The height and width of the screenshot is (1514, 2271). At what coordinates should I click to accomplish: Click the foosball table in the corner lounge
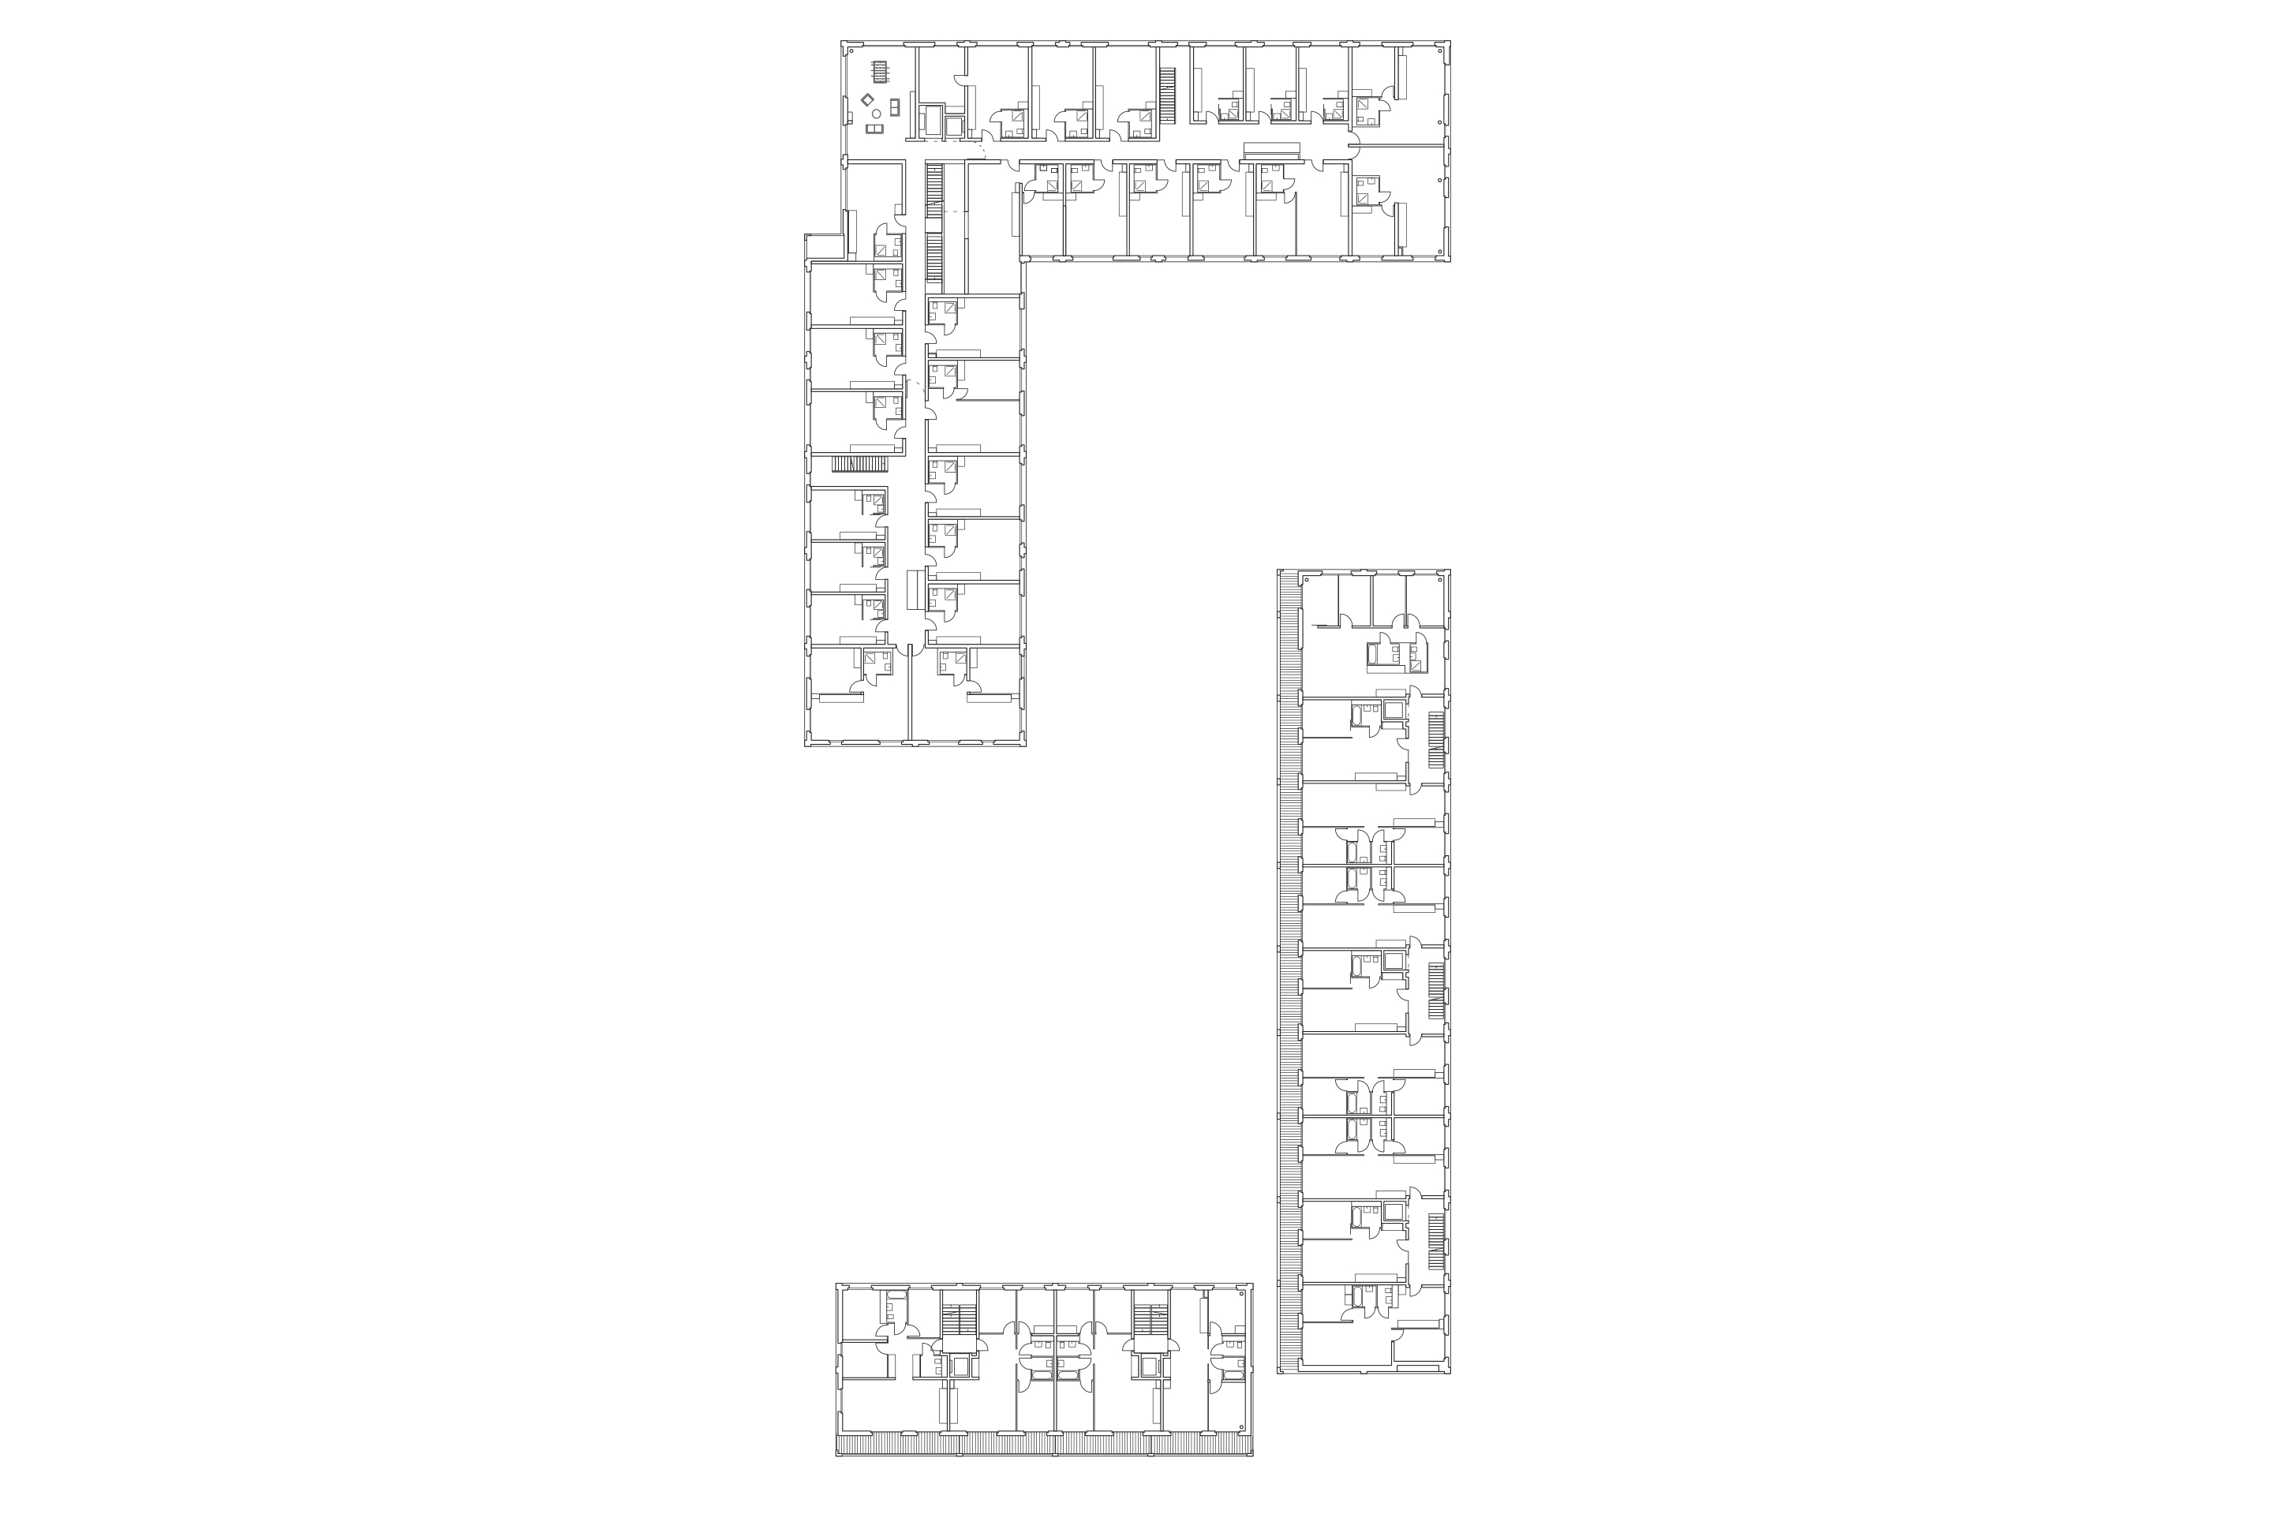(879, 73)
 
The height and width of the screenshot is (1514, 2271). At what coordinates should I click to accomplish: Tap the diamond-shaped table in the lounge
(867, 99)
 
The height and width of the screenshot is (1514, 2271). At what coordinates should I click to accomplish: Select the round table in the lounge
(876, 114)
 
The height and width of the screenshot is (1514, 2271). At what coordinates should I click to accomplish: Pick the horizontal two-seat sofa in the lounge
(875, 129)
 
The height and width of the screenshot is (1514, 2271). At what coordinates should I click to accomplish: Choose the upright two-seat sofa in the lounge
(895, 107)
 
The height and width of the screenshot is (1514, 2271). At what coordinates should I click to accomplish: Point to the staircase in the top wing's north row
(1166, 95)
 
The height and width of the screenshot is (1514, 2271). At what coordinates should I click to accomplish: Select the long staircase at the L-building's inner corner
(933, 222)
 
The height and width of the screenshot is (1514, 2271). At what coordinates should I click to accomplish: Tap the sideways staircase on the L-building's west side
(859, 465)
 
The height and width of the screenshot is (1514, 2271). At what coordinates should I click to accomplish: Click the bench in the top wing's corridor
(1272, 151)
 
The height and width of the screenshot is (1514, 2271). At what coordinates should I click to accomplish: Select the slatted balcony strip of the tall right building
(1288, 966)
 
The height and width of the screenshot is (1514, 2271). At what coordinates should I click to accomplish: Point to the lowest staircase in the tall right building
(1436, 1243)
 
